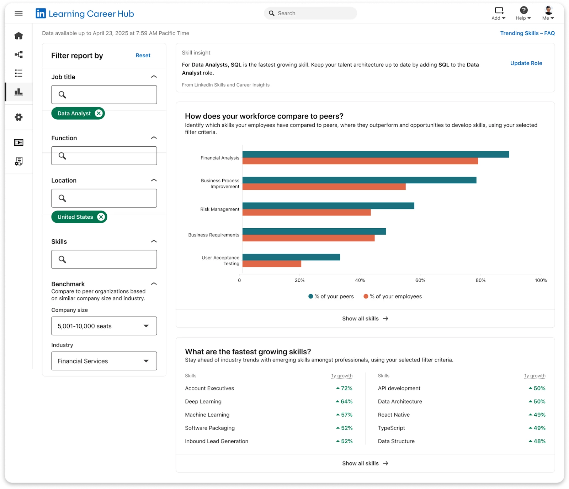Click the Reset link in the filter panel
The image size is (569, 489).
point(143,56)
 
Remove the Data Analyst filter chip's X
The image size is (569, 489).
point(99,113)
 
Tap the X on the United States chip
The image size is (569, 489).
point(101,217)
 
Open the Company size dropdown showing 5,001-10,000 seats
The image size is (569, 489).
point(104,326)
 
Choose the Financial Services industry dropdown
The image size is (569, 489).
point(104,361)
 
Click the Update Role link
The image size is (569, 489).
point(526,63)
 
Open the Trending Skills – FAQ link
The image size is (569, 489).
point(527,33)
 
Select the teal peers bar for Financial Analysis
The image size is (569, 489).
point(376,154)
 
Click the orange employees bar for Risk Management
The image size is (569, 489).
point(307,212)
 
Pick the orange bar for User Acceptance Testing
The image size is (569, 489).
point(272,264)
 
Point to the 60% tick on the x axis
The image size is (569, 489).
point(420,280)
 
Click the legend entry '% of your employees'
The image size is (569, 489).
point(393,296)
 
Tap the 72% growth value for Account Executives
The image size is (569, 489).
point(345,388)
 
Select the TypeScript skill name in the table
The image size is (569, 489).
point(391,428)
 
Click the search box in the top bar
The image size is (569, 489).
point(310,13)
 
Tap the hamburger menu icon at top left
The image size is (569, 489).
point(18,13)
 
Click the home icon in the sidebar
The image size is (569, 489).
point(18,36)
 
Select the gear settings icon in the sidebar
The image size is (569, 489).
point(18,117)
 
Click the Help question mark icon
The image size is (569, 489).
point(523,10)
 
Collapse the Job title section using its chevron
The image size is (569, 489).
point(154,77)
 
